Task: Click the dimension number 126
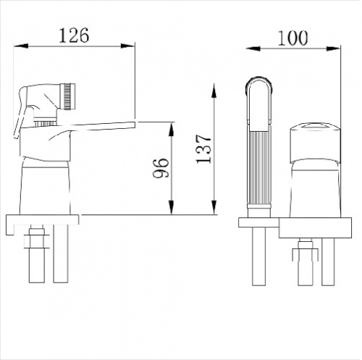click(74, 35)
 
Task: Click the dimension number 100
click(292, 38)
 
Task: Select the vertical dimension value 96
click(160, 168)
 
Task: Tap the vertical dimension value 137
click(203, 149)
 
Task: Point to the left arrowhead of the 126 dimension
click(21, 46)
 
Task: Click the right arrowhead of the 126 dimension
click(127, 46)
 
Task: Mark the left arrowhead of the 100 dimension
click(253, 49)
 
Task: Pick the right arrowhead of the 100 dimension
click(333, 49)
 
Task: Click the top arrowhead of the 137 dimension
click(214, 91)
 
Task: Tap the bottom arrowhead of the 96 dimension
click(171, 207)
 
